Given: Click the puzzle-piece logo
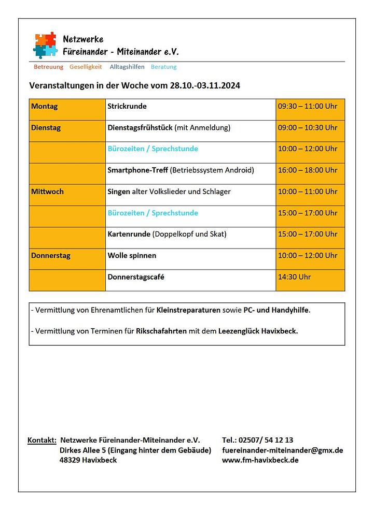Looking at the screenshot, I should [45, 45].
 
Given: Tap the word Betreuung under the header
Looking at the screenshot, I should [48, 67].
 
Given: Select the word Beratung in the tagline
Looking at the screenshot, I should [163, 67].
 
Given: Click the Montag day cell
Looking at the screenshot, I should [45, 107].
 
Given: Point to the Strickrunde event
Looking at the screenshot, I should [127, 107].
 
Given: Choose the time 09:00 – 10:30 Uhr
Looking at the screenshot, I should [308, 128].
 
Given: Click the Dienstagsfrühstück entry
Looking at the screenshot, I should [141, 128].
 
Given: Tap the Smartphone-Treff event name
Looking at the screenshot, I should [137, 170].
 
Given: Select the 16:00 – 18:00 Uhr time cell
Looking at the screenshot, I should [308, 170].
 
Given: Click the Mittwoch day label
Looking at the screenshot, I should [48, 192].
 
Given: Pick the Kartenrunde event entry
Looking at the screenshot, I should [129, 234].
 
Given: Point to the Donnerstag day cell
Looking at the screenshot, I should [51, 256].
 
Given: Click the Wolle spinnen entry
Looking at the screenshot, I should [132, 256].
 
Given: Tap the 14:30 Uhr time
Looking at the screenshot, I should [294, 277].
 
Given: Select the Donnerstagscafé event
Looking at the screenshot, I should [136, 277].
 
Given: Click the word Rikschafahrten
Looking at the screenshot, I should [161, 331].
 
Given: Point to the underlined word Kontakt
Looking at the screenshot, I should [42, 441].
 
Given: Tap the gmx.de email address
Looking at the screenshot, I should [282, 450].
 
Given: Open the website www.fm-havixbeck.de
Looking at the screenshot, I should [260, 460].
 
